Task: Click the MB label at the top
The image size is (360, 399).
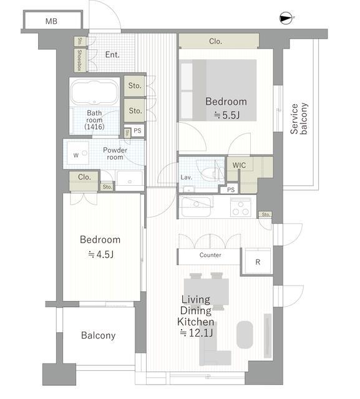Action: point(51,21)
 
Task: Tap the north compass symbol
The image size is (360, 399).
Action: point(286,18)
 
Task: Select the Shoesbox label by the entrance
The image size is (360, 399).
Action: point(80,60)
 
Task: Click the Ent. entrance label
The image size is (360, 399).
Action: point(112,54)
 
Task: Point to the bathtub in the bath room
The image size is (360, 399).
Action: point(94,92)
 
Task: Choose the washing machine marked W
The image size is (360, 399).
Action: point(78,153)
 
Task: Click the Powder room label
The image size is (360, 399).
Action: point(115,153)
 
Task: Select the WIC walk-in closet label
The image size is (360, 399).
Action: point(239,165)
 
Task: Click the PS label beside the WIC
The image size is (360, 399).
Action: point(231,190)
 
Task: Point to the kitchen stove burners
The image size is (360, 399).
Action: point(241,208)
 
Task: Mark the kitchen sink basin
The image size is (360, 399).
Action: point(196,206)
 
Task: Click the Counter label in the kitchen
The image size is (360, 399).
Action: point(210,255)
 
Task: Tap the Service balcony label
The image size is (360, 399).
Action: point(299,118)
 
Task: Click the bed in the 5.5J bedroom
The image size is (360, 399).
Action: point(218,90)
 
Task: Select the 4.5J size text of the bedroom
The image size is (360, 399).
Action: point(100,254)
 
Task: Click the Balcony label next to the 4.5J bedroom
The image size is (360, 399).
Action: point(99,335)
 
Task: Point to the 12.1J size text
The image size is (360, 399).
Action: point(197,333)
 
